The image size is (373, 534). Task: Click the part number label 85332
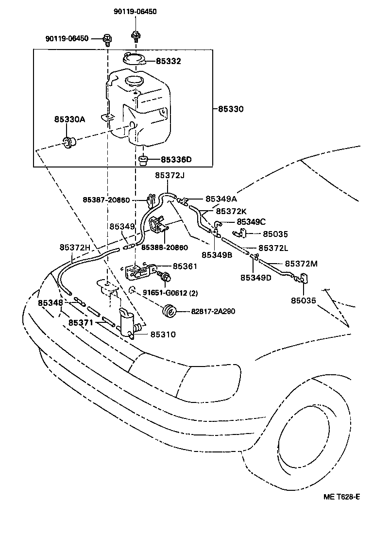tap(168, 61)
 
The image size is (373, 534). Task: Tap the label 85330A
tap(69, 118)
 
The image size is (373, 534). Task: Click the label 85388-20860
tap(165, 248)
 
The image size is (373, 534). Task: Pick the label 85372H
tap(75, 248)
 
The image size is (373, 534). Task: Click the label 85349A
tap(221, 199)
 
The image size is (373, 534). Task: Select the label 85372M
tap(301, 264)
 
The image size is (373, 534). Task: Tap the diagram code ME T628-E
tap(342, 497)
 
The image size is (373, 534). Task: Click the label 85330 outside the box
tap(231, 109)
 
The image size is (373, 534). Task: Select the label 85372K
tap(232, 211)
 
